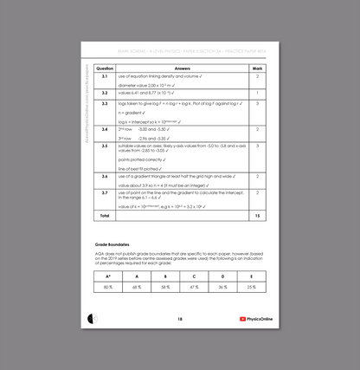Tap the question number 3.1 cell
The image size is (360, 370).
(105, 77)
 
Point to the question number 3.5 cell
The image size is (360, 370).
(105, 146)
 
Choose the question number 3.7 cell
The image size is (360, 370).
(105, 191)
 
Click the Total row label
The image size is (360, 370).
(105, 214)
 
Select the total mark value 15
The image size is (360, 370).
(257, 214)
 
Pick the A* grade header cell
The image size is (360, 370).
(108, 276)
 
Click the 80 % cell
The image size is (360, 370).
(108, 286)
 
